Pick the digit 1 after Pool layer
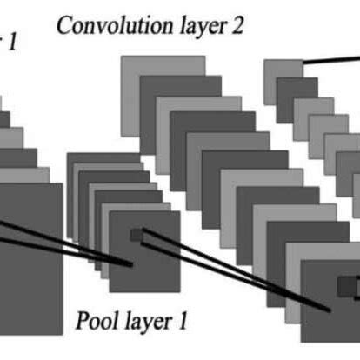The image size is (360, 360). [183, 321]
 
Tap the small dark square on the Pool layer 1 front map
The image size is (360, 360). [135, 235]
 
